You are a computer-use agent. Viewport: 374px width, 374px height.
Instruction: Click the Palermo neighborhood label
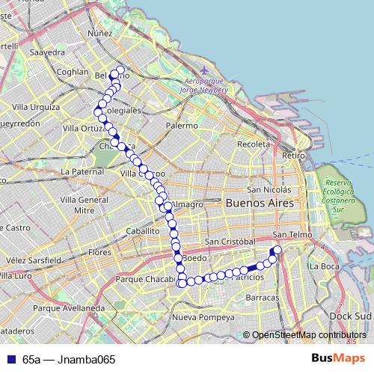[x=183, y=126]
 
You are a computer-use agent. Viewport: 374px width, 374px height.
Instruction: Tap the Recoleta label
[x=251, y=144]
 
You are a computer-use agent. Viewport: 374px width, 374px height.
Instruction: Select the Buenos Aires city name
[x=261, y=203]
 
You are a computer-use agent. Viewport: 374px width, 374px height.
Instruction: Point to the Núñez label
[x=99, y=33]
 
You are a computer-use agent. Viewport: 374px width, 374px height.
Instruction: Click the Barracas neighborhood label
[x=262, y=297]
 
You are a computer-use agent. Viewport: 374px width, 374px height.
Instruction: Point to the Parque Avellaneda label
[x=61, y=307]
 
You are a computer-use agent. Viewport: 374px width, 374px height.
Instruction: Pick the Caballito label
[x=143, y=232]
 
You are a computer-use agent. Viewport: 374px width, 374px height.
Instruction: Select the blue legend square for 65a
[x=10, y=359]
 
